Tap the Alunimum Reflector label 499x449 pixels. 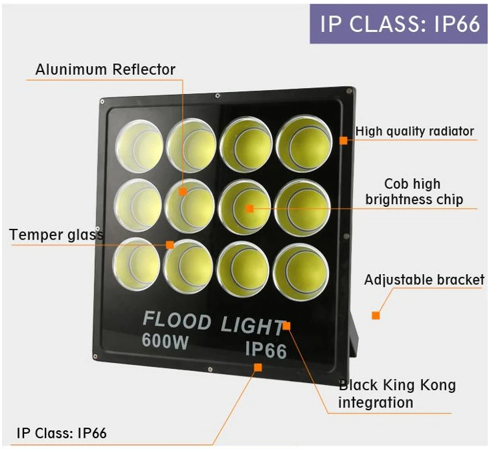click(x=105, y=69)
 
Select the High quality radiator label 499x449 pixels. click(x=414, y=131)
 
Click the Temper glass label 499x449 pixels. click(x=57, y=235)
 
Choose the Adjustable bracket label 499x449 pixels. click(x=424, y=280)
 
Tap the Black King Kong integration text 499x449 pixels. click(x=397, y=394)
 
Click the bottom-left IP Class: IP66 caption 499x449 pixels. click(x=61, y=433)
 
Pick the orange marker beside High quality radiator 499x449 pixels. click(x=344, y=140)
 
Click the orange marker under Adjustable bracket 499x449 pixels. click(x=376, y=315)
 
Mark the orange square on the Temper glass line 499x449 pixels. click(x=170, y=245)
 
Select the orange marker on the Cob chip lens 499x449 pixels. click(x=249, y=209)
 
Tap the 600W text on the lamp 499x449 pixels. click(x=165, y=341)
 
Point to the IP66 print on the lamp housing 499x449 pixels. click(x=266, y=349)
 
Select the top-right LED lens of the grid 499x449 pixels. click(x=303, y=143)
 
